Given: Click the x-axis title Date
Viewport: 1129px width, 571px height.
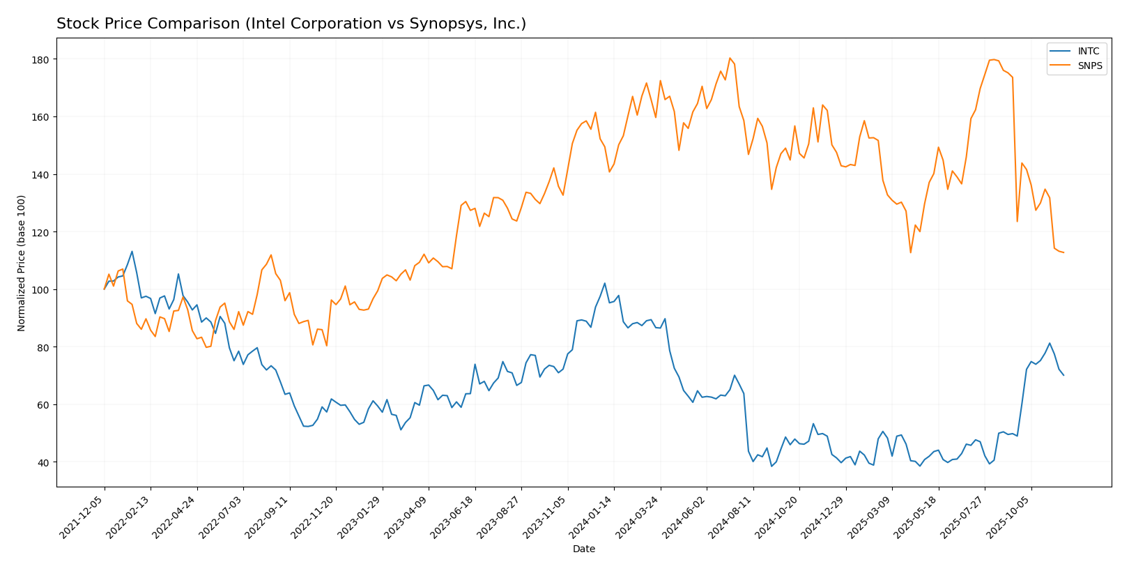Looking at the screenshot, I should (x=583, y=549).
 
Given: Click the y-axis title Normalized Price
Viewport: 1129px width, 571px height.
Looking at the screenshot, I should (x=22, y=263).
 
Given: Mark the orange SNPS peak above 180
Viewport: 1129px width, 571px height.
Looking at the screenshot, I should (x=730, y=58).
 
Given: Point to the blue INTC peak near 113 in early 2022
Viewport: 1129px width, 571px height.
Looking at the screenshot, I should (x=132, y=252).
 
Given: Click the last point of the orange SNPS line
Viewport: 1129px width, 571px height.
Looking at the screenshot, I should (x=1063, y=252).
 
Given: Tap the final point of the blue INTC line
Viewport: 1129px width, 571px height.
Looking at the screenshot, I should (x=1063, y=375).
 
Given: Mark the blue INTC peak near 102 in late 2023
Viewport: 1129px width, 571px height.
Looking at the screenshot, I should (x=604, y=283).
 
